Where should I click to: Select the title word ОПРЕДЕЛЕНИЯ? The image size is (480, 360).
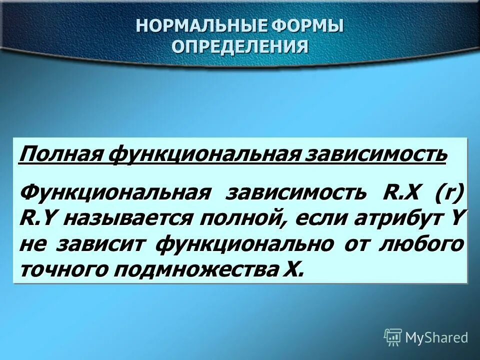[x=240, y=46]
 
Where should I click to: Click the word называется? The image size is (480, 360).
[x=127, y=218]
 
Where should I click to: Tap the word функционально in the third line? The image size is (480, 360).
[x=245, y=244]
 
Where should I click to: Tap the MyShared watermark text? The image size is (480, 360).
[x=436, y=338]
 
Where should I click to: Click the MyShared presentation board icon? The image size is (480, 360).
[x=393, y=337]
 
